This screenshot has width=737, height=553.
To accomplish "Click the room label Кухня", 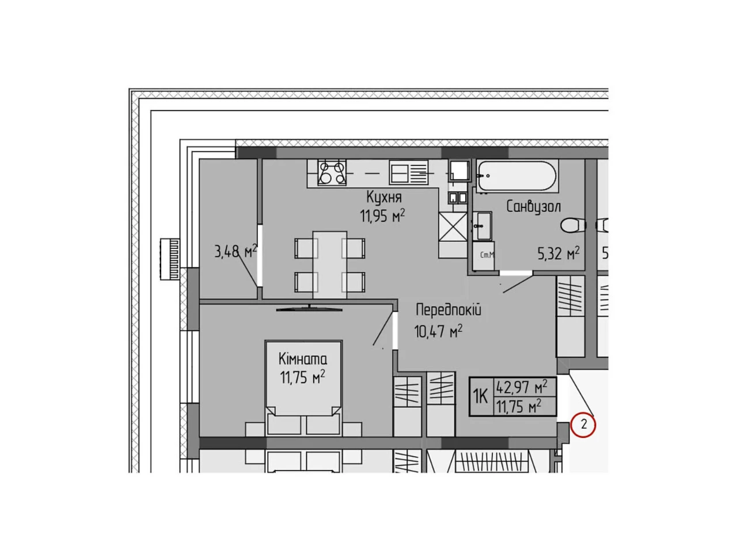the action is click(x=384, y=197).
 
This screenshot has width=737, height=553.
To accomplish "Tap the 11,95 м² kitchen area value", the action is click(x=382, y=216).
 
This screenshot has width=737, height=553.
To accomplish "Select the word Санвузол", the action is click(x=533, y=206).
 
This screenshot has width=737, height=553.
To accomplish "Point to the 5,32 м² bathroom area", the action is click(x=559, y=253).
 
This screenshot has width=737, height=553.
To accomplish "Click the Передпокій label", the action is click(x=448, y=309).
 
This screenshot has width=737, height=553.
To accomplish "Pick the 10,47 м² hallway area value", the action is click(x=438, y=331).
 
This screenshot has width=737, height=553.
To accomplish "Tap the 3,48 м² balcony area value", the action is click(x=235, y=251).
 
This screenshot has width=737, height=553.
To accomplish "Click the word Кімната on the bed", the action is click(x=302, y=359).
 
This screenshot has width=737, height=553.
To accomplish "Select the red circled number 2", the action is click(x=583, y=425).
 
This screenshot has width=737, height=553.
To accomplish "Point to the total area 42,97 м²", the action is click(x=522, y=387).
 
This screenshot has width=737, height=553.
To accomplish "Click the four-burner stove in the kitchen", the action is click(x=332, y=173).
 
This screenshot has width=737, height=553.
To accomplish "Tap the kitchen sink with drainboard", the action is click(x=409, y=172).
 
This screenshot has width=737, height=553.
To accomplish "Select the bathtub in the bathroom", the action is click(x=517, y=176).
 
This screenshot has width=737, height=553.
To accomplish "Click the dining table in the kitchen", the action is click(x=330, y=264).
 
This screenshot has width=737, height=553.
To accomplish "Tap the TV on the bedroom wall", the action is click(x=309, y=308).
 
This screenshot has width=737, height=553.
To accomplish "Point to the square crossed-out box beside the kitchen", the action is click(x=453, y=226).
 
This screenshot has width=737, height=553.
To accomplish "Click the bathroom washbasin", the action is click(x=482, y=226).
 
